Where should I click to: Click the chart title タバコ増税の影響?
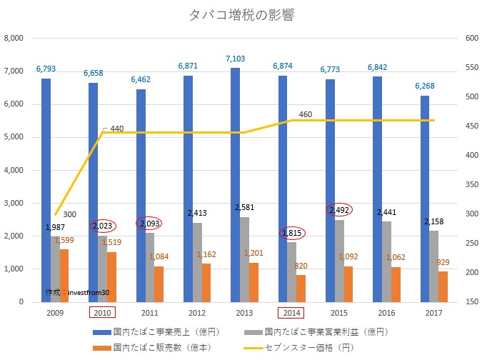pyautogui.click(x=241, y=15)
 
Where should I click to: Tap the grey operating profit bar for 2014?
pyautogui.click(x=291, y=272)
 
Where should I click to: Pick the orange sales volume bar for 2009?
pyautogui.click(x=64, y=276)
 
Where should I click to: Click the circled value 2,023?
pyautogui.click(x=102, y=226)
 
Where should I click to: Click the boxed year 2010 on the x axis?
pyautogui.click(x=102, y=312)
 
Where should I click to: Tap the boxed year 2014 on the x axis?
pyautogui.click(x=291, y=312)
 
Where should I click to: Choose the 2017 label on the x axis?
pyautogui.click(x=433, y=312)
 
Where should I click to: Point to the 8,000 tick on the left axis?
pyautogui.click(x=15, y=39)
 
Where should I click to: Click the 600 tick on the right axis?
pyautogui.click(x=470, y=39)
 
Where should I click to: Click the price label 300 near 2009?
pyautogui.click(x=70, y=214)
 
